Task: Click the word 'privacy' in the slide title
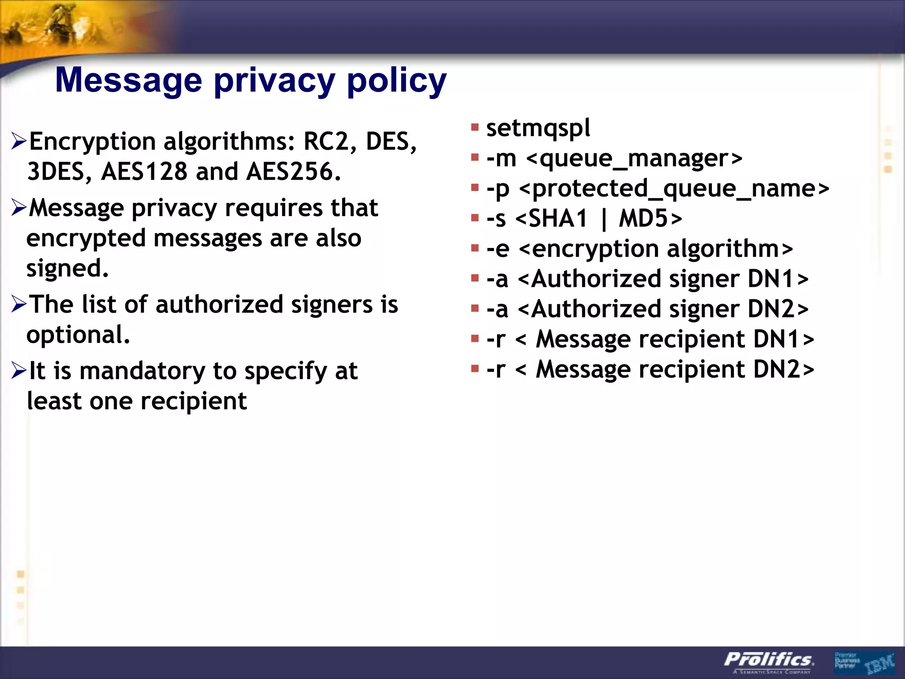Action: pos(274,81)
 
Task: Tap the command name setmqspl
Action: pos(538,128)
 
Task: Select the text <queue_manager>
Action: pos(634,158)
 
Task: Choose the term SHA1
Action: pos(558,218)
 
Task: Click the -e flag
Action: pos(498,249)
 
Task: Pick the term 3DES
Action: pos(56,172)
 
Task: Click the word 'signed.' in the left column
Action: pos(67,268)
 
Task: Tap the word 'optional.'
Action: pos(78,335)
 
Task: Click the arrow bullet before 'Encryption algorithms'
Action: pos(19,141)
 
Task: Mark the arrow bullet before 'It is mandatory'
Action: pos(19,370)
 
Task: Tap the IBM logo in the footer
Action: pos(880,663)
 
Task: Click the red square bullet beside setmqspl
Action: pos(475,128)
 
